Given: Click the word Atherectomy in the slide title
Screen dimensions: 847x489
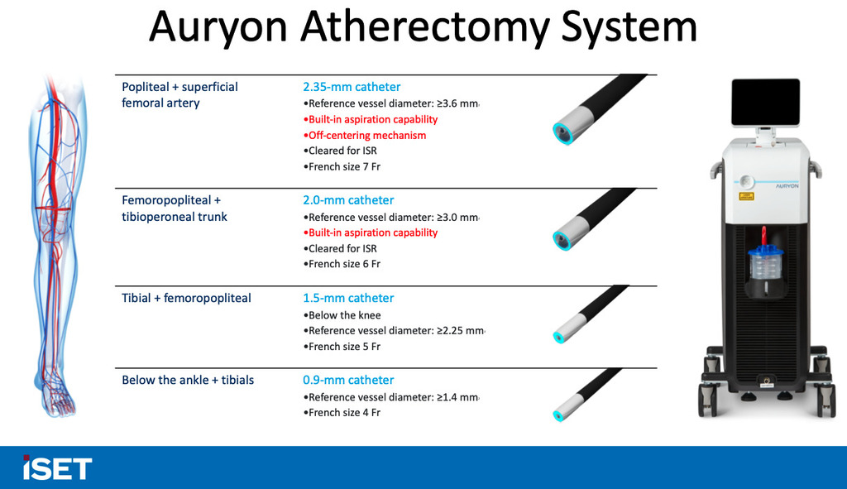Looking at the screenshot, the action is (426, 27).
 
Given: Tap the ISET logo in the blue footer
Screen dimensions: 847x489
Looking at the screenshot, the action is (57, 468).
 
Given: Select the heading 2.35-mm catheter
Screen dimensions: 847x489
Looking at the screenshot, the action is (352, 86).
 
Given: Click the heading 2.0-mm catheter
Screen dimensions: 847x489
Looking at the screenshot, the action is (348, 200).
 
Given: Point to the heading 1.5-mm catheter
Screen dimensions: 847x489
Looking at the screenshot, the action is (348, 298).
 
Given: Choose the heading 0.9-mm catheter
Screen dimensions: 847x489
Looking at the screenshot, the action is (348, 380).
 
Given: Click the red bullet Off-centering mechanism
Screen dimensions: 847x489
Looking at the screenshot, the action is (365, 135).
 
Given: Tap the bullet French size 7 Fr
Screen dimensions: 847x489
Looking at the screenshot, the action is (342, 166).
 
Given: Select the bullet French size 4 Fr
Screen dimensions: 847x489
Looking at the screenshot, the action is (342, 412).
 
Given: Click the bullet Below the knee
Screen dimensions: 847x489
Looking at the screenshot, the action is (342, 315).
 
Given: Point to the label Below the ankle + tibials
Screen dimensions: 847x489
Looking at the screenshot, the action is (188, 380).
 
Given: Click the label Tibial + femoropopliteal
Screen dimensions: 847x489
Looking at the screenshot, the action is (186, 298).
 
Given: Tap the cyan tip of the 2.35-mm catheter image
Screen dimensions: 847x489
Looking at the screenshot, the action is (562, 134).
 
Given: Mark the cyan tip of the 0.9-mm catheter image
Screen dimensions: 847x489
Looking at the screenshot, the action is (558, 415).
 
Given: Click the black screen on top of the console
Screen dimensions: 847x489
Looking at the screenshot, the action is (765, 102).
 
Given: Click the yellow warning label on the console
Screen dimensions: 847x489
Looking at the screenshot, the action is (746, 196).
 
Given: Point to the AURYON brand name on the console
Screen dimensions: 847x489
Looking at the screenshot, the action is (787, 186).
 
